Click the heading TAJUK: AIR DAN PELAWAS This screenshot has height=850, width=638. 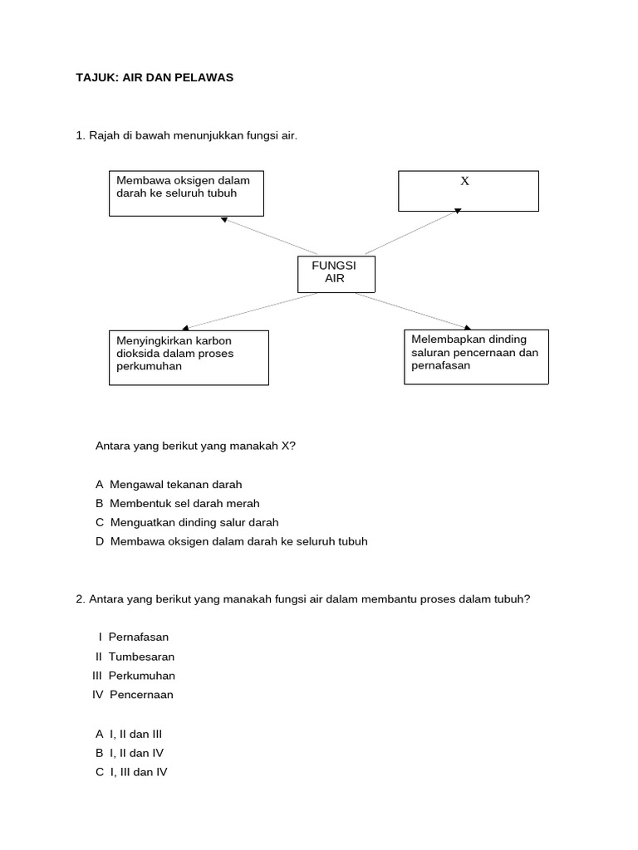pyautogui.click(x=155, y=77)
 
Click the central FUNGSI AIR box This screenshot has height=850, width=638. pyautogui.click(x=336, y=274)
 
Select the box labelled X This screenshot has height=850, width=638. pyautogui.click(x=469, y=191)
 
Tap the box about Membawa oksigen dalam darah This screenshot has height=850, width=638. pyautogui.click(x=186, y=193)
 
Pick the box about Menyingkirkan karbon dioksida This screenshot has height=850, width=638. pyautogui.click(x=189, y=358)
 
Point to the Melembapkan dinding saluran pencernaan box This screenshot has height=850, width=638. pyautogui.click(x=476, y=357)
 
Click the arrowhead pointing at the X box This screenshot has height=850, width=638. pyautogui.click(x=456, y=212)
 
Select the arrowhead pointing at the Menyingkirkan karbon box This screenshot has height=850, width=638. pyautogui.click(x=185, y=328)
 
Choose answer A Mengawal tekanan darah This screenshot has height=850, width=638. pyautogui.click(x=169, y=484)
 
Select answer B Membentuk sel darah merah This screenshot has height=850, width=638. pyautogui.click(x=178, y=503)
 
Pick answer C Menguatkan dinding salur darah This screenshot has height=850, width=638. pyautogui.click(x=187, y=522)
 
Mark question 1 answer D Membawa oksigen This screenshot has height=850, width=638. pyautogui.click(x=231, y=541)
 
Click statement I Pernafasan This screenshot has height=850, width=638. pyautogui.click(x=133, y=637)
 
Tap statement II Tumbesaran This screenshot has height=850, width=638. pyautogui.click(x=135, y=657)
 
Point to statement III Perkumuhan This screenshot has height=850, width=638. pyautogui.click(x=134, y=676)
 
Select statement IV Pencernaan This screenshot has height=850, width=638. pyautogui.click(x=133, y=695)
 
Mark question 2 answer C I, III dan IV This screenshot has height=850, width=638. pyautogui.click(x=132, y=772)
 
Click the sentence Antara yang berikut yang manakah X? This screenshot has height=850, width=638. pyautogui.click(x=196, y=446)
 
